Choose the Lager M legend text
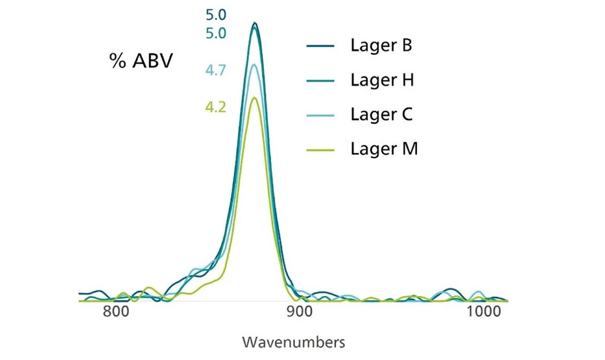click(384, 149)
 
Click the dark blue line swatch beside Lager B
click(322, 46)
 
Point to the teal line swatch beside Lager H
click(322, 80)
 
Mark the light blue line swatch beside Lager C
click(322, 115)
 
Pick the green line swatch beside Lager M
click(322, 149)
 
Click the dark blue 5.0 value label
click(216, 15)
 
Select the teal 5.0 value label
click(216, 32)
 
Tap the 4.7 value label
click(216, 69)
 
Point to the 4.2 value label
click(216, 105)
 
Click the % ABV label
click(141, 61)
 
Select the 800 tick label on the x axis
click(115, 312)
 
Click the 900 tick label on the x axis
click(297, 312)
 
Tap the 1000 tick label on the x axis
click(482, 312)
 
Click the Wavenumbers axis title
click(294, 342)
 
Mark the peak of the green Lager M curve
click(254, 98)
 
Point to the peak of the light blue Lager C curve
click(254, 64)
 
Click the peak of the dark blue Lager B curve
click(255, 23)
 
